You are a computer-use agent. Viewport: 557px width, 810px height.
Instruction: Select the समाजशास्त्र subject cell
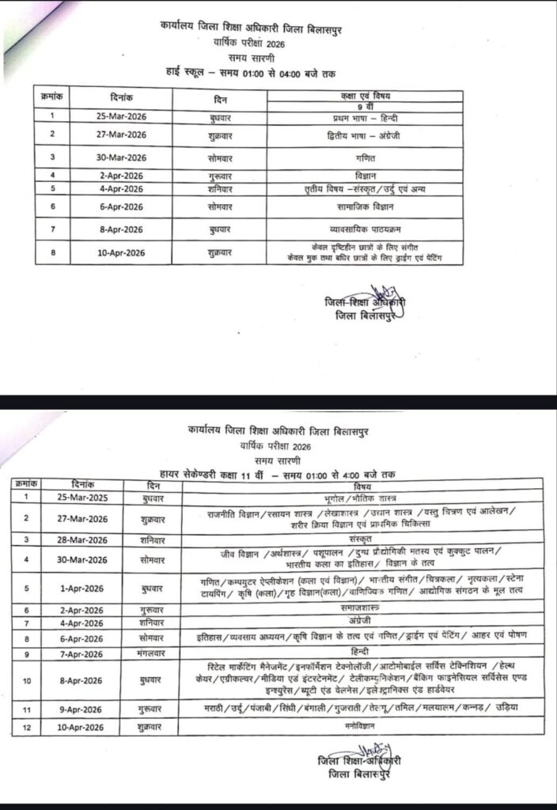363,610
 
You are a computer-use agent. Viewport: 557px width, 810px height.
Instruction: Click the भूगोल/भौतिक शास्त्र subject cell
363,498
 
